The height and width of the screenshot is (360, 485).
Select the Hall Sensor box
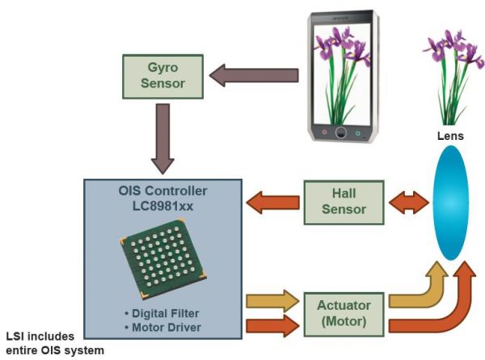pos(344,201)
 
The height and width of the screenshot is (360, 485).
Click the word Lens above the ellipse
pos(450,136)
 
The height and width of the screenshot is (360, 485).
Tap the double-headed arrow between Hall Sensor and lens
pos(406,201)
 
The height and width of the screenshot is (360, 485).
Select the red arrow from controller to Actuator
pos(273,325)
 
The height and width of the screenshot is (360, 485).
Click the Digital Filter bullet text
pos(164,313)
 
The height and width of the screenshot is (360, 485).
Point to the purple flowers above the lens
pos(449,69)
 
